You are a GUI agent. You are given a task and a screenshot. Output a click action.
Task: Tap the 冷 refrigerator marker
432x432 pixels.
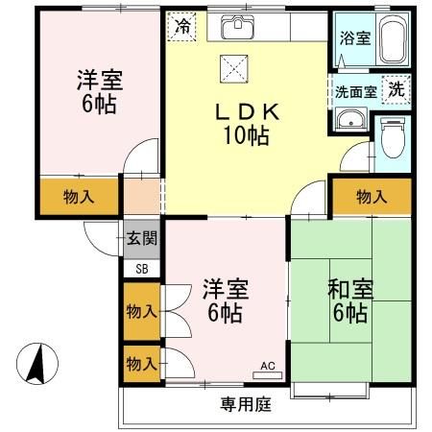click(180, 27)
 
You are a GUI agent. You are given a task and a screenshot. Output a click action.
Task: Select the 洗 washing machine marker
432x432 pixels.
click(396, 88)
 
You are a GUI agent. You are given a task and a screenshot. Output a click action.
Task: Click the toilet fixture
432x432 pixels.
click(392, 139)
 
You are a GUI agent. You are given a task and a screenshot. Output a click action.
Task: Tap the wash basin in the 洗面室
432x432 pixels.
click(350, 118)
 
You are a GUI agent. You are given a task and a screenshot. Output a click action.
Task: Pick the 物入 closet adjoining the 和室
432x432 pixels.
click(372, 197)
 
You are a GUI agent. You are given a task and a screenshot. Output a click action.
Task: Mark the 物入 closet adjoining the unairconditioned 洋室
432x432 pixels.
click(79, 197)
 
